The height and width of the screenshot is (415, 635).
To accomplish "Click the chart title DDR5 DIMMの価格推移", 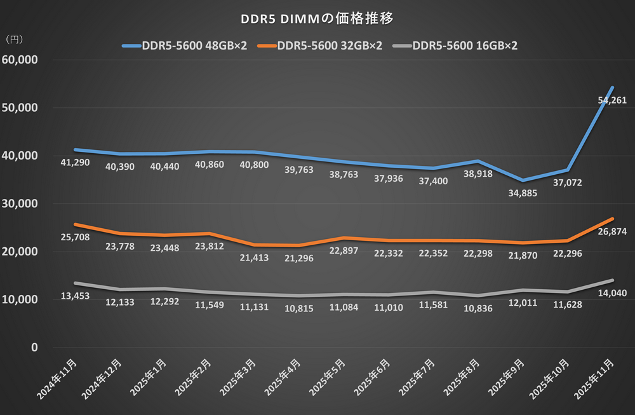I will (317, 18).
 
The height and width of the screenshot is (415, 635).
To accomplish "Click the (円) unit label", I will (14, 39).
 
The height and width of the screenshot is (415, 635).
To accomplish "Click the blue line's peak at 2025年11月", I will (611, 87).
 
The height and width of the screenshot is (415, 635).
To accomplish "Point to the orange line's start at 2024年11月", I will (76, 224).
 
